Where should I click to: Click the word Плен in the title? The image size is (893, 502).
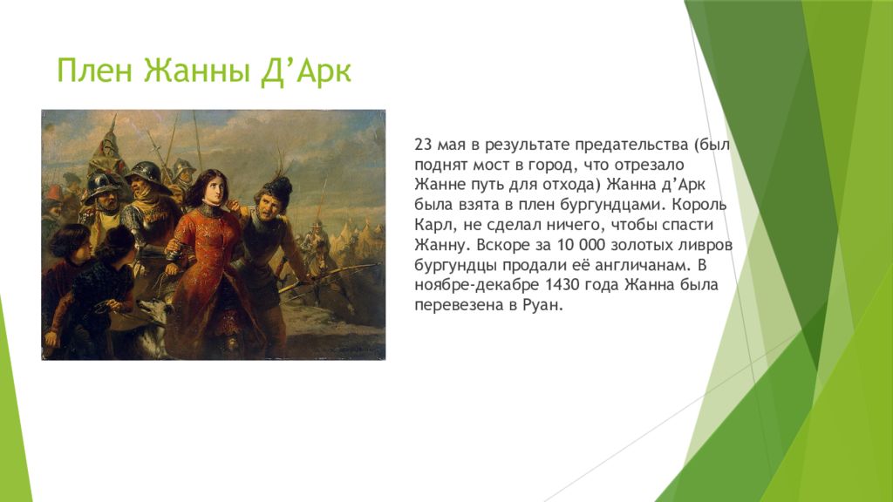pos(94,71)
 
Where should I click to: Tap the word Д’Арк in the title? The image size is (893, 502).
pos(306,71)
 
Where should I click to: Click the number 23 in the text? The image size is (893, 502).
pos(423,145)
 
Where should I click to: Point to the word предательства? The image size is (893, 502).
pos(631,146)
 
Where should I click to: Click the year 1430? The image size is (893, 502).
pos(563,285)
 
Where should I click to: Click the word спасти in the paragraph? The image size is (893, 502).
pos(687,226)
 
